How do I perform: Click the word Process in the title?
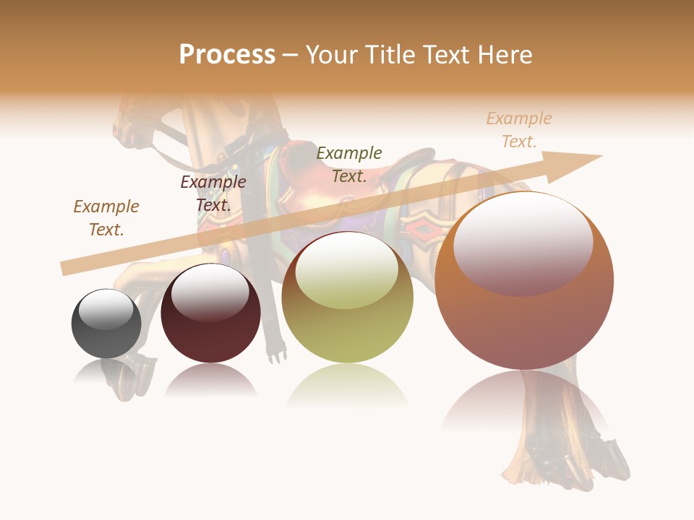click(227, 54)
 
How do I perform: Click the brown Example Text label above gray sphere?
click(106, 217)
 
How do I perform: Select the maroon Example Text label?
click(213, 193)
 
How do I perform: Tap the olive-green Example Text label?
click(349, 164)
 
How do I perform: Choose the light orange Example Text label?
click(519, 129)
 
